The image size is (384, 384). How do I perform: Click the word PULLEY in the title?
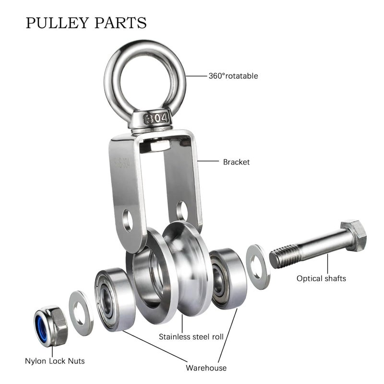[57, 23]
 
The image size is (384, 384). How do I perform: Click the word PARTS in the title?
[120, 23]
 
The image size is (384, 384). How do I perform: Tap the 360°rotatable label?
[233, 76]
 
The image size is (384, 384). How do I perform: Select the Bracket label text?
[236, 162]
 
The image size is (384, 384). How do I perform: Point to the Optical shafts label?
[321, 278]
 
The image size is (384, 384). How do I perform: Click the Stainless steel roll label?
[191, 337]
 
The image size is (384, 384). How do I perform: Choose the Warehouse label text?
[206, 368]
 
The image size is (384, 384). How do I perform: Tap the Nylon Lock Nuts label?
[55, 361]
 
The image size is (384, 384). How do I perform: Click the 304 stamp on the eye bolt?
[156, 119]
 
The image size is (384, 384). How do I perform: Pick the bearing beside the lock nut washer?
[115, 299]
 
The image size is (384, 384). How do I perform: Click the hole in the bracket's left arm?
[128, 221]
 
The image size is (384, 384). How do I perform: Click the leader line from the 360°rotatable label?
[196, 76]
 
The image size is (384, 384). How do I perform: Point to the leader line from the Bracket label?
[208, 161]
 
